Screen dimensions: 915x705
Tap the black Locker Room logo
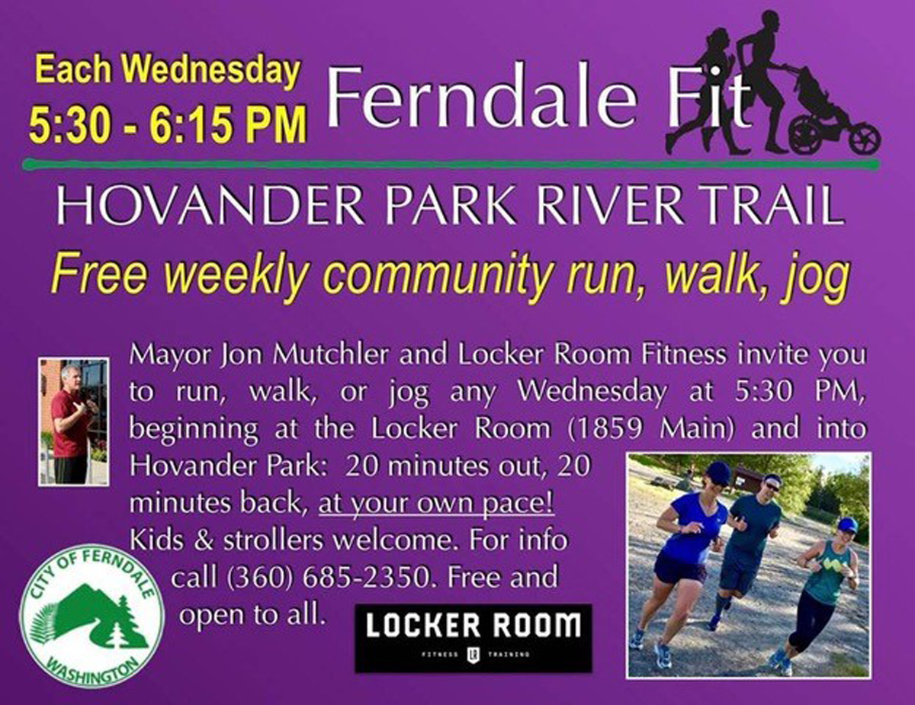click(474, 638)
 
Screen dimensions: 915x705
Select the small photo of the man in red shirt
click(74, 421)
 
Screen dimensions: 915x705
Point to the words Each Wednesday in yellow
click(168, 70)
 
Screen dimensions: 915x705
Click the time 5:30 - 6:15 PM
click(167, 124)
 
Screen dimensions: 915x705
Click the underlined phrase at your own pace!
click(436, 503)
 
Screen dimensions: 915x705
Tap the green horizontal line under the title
click(451, 164)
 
